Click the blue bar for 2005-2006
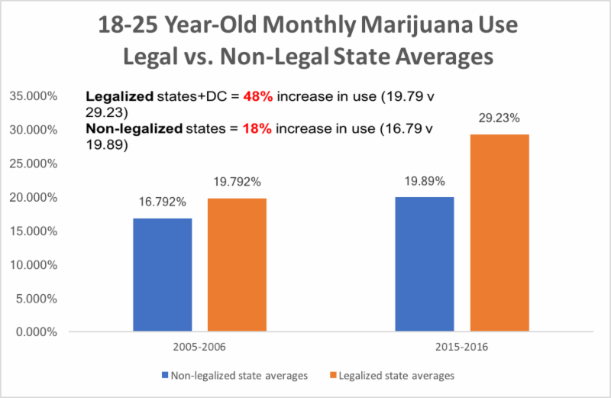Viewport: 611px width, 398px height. pos(163,275)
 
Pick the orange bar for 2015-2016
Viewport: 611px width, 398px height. pos(499,233)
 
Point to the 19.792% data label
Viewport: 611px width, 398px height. pos(238,184)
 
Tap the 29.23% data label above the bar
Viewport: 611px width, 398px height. pos(499,119)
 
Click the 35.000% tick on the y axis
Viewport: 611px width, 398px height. pos(35,96)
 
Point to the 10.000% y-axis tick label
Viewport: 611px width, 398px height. pos(35,264)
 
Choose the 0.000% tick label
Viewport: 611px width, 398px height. pos(38,332)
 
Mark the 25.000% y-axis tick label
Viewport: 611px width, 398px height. pos(35,163)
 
